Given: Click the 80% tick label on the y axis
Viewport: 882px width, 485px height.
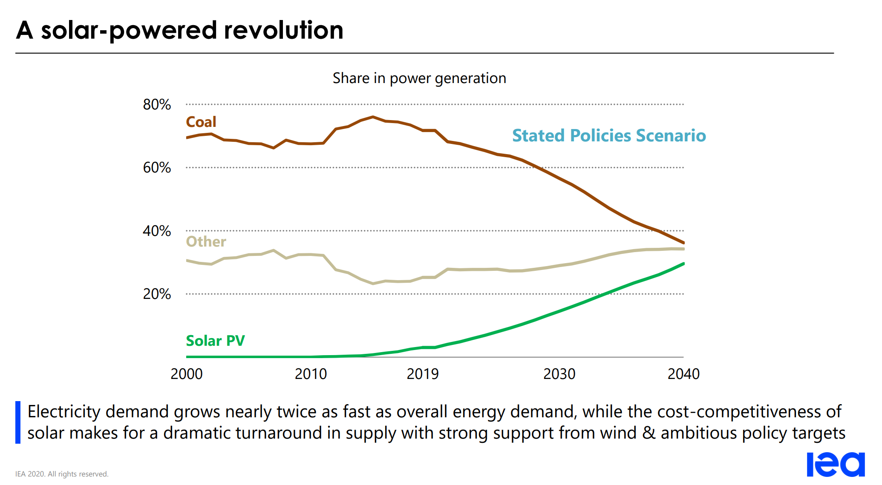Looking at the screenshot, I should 157,105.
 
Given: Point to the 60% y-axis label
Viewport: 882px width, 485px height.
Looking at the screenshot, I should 157,168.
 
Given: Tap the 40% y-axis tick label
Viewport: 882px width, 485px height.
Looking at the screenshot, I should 157,231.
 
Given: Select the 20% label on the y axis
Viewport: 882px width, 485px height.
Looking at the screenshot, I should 157,294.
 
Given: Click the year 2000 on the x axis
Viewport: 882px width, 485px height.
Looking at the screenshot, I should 187,374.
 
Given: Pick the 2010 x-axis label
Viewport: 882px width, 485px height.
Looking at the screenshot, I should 311,374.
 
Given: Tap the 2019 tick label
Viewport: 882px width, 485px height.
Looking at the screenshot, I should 422,374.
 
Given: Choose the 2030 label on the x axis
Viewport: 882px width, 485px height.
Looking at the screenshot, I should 559,374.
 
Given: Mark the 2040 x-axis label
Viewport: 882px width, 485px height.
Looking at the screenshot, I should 683,374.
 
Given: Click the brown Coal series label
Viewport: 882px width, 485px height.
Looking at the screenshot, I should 201,122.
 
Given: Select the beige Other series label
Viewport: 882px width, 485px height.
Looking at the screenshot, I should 206,242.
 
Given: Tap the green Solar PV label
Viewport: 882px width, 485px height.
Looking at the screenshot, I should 215,341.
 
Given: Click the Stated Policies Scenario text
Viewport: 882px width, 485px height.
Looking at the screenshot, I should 609,136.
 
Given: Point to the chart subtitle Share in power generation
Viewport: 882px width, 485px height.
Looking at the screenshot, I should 419,78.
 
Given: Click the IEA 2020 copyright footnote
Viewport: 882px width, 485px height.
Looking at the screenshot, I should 62,474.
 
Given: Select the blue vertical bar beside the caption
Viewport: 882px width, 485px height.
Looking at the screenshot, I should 18,422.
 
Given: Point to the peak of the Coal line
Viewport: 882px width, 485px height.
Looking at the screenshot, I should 373,117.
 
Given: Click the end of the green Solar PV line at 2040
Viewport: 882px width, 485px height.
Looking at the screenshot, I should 683,264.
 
